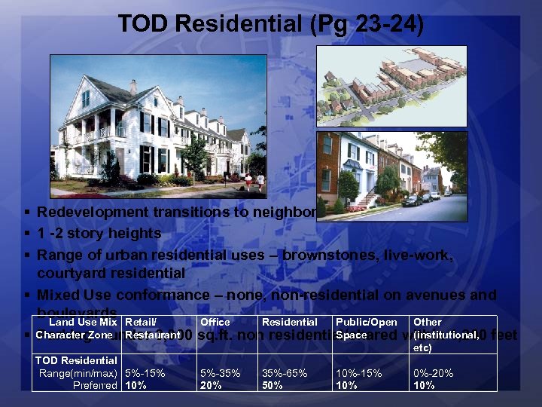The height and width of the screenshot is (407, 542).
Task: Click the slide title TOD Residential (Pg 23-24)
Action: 271,25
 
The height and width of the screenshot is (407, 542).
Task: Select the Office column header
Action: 215,323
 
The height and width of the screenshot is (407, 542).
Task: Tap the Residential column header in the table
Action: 288,323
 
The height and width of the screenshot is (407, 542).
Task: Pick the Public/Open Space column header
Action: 366,328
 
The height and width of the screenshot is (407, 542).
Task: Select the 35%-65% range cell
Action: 285,374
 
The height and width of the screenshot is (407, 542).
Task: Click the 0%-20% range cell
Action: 433,374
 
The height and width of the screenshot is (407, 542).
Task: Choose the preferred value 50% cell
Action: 273,385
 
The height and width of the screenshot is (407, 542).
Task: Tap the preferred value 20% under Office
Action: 211,385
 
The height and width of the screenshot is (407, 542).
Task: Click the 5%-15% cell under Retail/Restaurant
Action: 145,374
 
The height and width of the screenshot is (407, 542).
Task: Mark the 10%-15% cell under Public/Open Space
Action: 358,374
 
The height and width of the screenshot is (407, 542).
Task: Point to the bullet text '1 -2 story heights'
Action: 99,234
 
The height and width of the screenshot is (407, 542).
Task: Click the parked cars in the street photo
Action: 419,199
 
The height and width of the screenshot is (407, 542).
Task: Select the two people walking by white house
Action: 254,180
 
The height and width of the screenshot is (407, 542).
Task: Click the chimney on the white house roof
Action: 133,87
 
